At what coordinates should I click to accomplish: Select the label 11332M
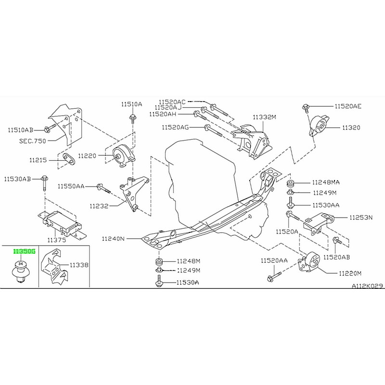tap(265, 117)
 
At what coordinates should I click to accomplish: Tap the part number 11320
tap(351, 128)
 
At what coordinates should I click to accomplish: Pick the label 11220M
tap(349, 273)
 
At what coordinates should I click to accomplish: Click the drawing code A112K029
tap(366, 285)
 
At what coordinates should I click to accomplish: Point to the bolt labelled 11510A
tap(131, 117)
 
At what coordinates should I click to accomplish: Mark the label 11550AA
tap(71, 186)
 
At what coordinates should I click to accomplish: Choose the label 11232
tap(99, 206)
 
